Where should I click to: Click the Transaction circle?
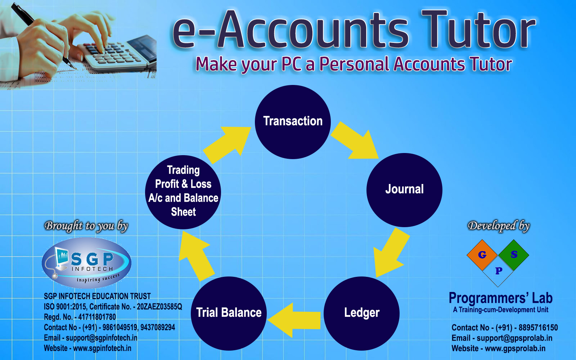pos(293,122)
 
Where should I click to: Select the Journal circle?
pos(404,190)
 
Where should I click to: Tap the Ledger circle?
pos(361,314)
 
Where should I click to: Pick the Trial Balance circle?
pos(229,314)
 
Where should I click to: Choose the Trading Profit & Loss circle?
pos(183,192)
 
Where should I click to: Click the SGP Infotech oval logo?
pos(86,263)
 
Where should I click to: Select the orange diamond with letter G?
pos(482,255)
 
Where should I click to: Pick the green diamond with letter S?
pos(513,255)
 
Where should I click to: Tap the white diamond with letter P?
pos(498,271)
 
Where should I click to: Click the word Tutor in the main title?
pos(478,29)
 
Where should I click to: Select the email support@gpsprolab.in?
pos(514,338)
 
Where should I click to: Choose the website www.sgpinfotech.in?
pos(102,348)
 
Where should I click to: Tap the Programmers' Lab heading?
pos(501,298)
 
